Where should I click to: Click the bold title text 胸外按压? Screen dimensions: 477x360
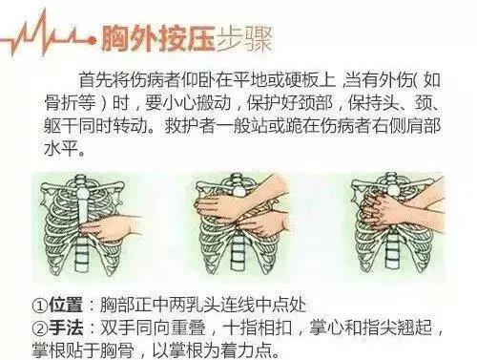point(158,39)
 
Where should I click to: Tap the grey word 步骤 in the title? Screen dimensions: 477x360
point(244,39)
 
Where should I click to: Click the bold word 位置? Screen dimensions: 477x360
point(66,306)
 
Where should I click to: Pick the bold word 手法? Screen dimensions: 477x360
point(66,328)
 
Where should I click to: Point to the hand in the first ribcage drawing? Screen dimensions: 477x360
point(112,228)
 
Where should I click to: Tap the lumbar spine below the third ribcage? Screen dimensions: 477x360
point(393,250)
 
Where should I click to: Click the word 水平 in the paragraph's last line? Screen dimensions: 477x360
point(61,148)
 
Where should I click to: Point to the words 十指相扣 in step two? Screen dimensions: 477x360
point(257,328)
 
